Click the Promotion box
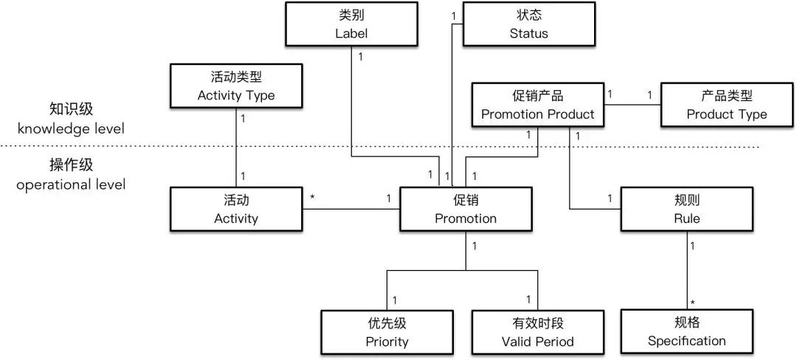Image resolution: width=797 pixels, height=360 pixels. pyautogui.click(x=465, y=209)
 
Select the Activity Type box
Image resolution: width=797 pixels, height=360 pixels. pyautogui.click(x=236, y=86)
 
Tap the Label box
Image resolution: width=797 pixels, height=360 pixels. pyautogui.click(x=350, y=24)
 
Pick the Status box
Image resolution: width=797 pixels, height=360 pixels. pyautogui.click(x=528, y=24)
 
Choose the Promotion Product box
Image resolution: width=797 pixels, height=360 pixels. pyautogui.click(x=537, y=105)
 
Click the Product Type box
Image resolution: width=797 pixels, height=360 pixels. pyautogui.click(x=726, y=105)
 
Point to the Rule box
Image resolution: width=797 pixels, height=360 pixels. pyautogui.click(x=686, y=209)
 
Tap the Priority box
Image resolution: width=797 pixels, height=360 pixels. pyautogui.click(x=387, y=332)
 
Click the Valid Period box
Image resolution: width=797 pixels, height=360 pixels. pyautogui.click(x=537, y=332)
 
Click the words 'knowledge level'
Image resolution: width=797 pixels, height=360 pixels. pyautogui.click(x=71, y=128)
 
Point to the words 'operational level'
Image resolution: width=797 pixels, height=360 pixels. pyautogui.click(x=71, y=184)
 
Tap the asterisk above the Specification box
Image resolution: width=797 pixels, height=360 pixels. pyautogui.click(x=693, y=302)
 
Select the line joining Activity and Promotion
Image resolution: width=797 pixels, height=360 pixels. pyautogui.click(x=351, y=210)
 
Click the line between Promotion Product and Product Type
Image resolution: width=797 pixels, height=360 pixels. pyautogui.click(x=631, y=104)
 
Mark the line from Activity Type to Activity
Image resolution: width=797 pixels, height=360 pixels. pyautogui.click(x=236, y=148)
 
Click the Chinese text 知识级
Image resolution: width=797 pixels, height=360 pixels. pyautogui.click(x=71, y=109)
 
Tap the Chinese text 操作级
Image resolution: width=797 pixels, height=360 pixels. pyautogui.click(x=71, y=165)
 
